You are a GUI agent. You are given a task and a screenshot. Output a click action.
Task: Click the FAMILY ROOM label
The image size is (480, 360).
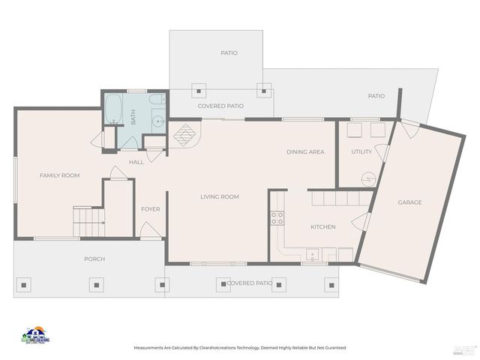[x=59, y=175]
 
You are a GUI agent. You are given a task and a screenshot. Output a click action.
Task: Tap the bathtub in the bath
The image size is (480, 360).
[x=114, y=109]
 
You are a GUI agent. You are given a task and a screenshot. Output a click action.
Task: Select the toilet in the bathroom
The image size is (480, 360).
[x=157, y=100]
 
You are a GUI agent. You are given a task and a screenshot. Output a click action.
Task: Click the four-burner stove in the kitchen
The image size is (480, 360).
[x=277, y=218]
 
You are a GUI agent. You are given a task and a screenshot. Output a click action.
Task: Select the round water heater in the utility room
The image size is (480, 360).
[x=367, y=178]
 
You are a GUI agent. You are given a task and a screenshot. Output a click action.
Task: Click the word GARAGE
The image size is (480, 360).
[x=409, y=202]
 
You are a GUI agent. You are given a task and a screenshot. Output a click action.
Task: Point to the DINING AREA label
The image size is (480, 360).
[x=305, y=152]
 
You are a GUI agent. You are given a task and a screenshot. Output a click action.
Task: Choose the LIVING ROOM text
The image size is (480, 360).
[x=219, y=197]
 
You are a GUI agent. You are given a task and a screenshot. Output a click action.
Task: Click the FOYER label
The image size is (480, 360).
[x=150, y=209]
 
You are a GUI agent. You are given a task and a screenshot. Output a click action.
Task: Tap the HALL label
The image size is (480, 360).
[x=136, y=162]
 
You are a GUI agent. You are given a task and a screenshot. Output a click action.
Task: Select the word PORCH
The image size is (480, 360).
[x=94, y=259]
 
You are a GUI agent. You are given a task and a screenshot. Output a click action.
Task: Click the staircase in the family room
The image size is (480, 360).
[x=88, y=222]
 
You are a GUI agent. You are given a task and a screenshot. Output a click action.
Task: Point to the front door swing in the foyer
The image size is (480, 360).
[x=150, y=230]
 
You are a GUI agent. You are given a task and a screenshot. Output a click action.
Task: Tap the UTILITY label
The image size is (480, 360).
[x=361, y=152]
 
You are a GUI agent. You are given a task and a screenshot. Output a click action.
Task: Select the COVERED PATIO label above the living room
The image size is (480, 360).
[x=220, y=106]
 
